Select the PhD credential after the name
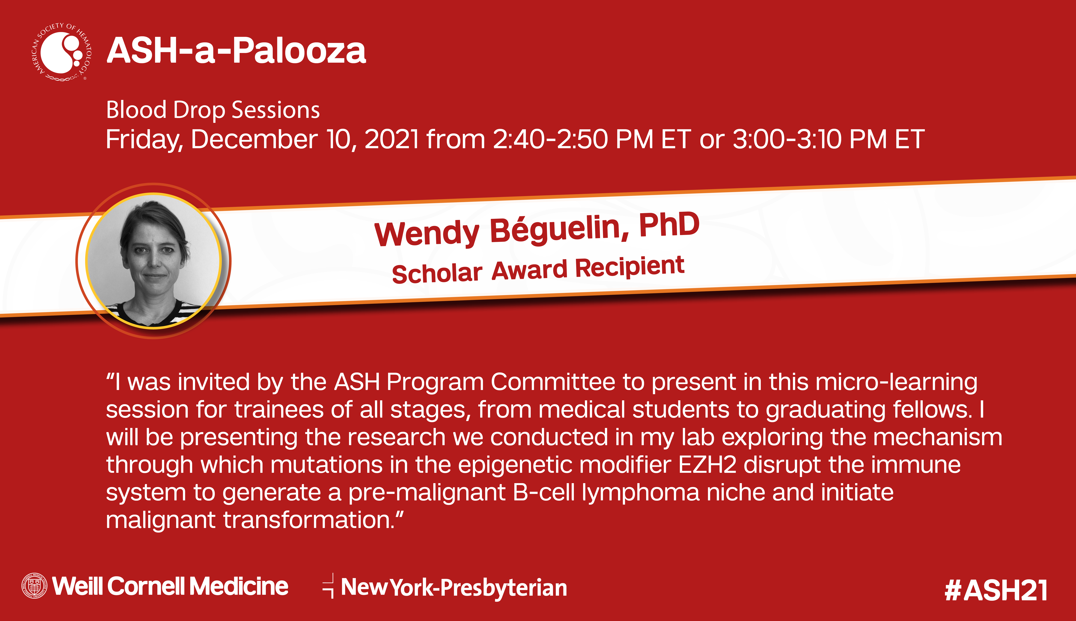[669, 225]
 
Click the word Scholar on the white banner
[437, 273]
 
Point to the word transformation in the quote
[309, 520]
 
